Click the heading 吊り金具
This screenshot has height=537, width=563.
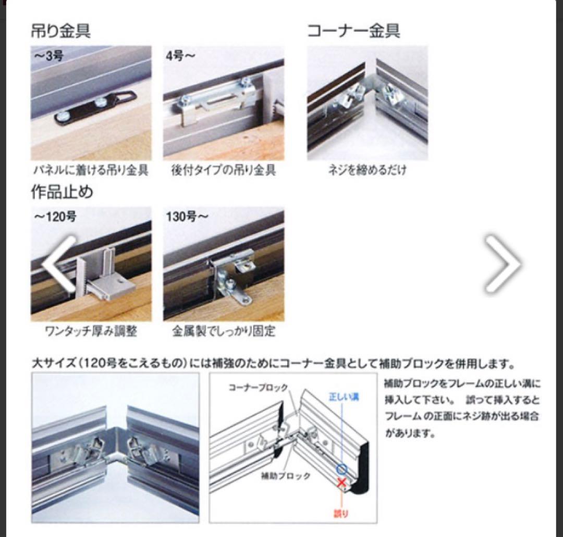click(61, 31)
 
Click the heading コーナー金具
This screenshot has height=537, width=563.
click(353, 31)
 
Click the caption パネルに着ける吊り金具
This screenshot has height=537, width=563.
click(90, 170)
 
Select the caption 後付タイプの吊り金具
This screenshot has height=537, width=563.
click(223, 170)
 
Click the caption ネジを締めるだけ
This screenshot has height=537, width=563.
click(367, 170)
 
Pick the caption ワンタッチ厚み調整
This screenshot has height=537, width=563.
click(90, 331)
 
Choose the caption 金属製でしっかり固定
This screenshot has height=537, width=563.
click(223, 331)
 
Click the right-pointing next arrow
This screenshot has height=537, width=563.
click(503, 263)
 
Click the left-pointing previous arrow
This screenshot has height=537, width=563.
click(59, 263)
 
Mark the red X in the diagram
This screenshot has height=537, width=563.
click(342, 483)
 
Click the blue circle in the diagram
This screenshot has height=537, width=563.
click(342, 468)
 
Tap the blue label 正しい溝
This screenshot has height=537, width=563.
click(344, 397)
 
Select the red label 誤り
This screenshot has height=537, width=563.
click(341, 514)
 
